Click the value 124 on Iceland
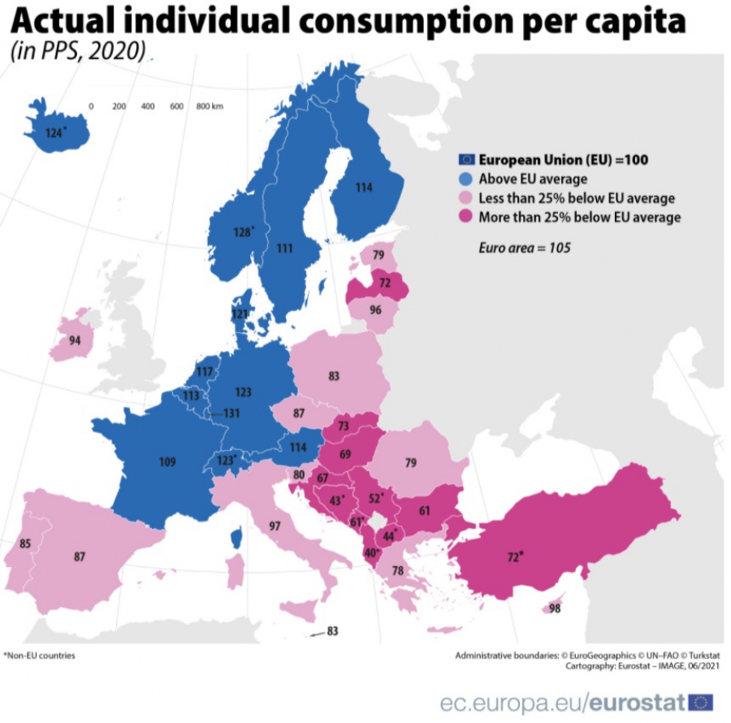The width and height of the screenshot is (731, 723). pos(54,132)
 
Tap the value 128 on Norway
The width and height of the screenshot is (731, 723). pos(243,232)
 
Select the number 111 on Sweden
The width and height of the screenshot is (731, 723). pos(284,248)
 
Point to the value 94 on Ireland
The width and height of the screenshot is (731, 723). pos(75,340)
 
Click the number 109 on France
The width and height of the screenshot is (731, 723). pos(167,462)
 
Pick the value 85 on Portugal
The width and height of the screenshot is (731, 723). pos(25,543)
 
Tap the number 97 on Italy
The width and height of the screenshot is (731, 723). pos(275,526)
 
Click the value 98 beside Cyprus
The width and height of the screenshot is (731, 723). pos(555,608)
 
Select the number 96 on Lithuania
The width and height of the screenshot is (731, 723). pos(375,310)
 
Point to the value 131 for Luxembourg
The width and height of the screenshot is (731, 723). pos(232,413)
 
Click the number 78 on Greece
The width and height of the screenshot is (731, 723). pos(398,571)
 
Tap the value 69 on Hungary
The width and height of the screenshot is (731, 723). pos(345,453)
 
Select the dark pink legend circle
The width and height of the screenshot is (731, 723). pos(466,217)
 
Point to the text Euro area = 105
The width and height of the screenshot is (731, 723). pos(525,247)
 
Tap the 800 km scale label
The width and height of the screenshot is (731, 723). pos(210,106)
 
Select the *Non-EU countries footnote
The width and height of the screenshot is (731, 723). pos(39,655)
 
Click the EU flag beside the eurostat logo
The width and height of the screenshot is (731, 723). pos(700,702)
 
